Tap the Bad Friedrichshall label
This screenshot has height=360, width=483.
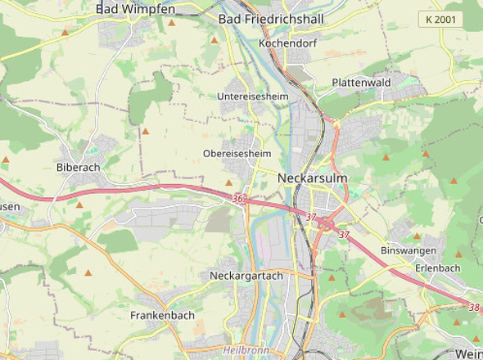pos(272,18)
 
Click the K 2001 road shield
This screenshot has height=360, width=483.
pos(440,19)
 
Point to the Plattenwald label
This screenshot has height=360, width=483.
pos(361,83)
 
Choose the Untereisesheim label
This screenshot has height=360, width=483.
pos(254,97)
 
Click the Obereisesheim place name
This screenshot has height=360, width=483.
pos(237,153)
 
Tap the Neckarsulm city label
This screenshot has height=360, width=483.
pos(313,178)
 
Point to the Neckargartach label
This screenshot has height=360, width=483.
pos(246,276)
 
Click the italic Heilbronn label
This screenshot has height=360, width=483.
pos(246,349)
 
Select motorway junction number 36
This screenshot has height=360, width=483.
pos(237,199)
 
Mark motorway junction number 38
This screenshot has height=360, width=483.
pos(474,308)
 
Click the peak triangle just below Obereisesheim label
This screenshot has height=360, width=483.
pos(228,182)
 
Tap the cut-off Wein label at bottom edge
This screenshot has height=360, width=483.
pos(468,353)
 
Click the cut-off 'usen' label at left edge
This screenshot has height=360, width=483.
pos(10,207)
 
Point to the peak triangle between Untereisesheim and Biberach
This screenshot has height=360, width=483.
pos(146,131)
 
